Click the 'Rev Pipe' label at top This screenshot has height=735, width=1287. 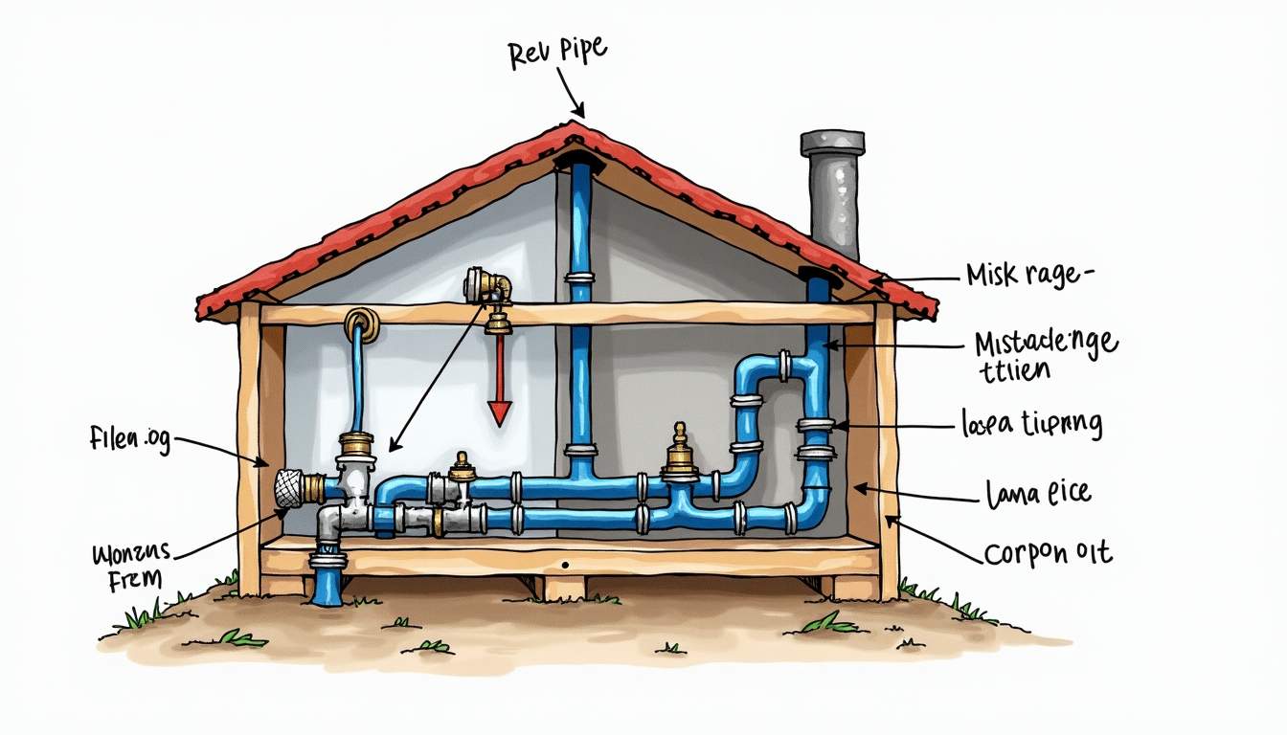[556, 54]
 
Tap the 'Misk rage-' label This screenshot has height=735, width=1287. [1028, 277]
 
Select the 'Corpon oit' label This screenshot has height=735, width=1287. [1048, 554]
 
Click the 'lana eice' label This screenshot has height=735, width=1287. [1038, 495]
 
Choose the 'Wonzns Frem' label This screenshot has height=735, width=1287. [131, 565]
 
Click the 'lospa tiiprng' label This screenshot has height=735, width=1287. [1030, 423]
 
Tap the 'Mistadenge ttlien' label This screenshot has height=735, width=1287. [1044, 355]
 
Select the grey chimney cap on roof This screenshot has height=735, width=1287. [832, 144]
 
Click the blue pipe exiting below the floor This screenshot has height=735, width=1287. [326, 579]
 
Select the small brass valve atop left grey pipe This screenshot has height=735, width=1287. [463, 467]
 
